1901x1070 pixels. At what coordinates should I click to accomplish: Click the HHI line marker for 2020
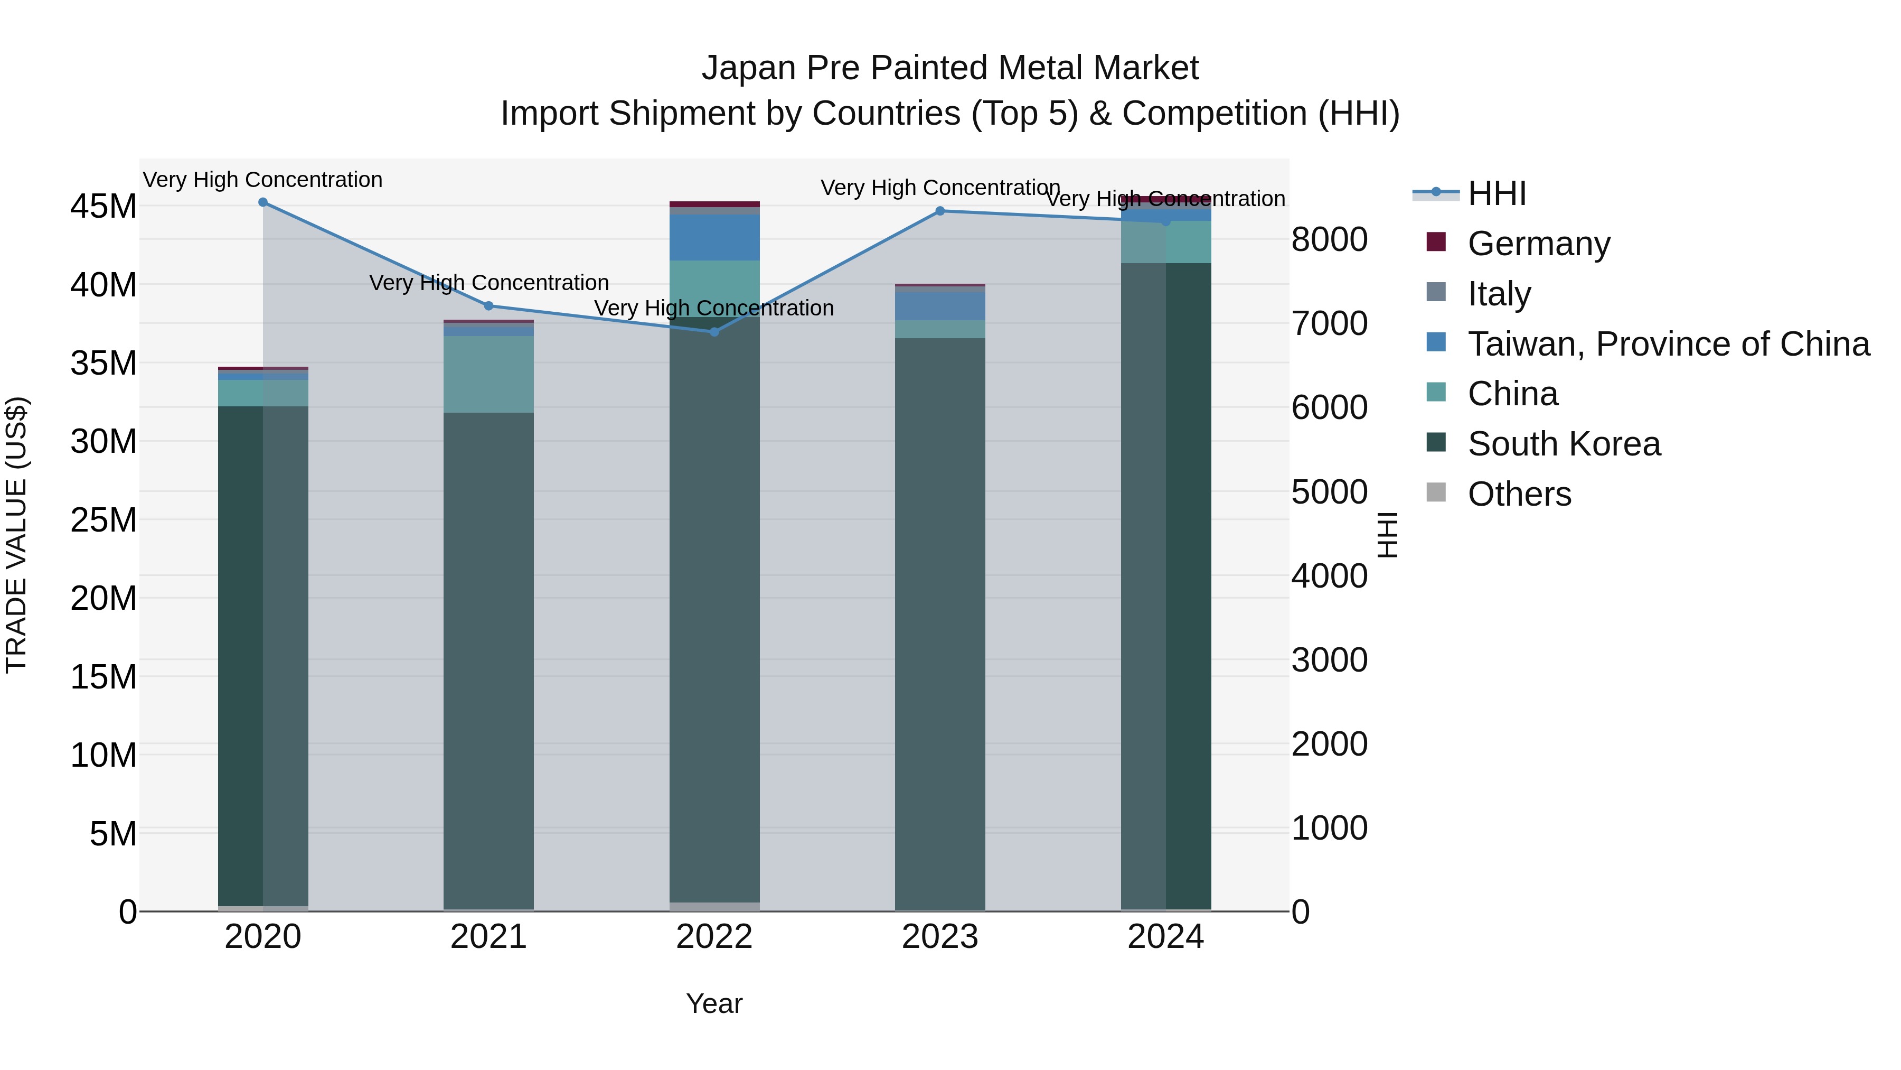(x=263, y=202)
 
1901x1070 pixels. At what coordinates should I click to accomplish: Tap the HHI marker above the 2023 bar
(x=939, y=211)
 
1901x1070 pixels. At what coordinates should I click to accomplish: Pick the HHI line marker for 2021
(x=488, y=306)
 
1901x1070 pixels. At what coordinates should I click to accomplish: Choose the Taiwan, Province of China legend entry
(x=1668, y=344)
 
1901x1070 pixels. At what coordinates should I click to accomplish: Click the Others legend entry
(x=1519, y=494)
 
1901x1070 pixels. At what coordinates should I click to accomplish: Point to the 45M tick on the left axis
(x=103, y=206)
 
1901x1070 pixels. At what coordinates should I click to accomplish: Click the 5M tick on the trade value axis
(x=113, y=834)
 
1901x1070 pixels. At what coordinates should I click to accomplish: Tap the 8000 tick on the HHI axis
(x=1329, y=239)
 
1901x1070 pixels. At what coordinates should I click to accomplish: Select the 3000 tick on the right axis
(x=1329, y=659)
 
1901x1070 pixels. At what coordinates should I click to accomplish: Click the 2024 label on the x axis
(x=1165, y=937)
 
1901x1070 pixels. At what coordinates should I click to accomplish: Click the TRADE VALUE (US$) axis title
(x=16, y=535)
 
